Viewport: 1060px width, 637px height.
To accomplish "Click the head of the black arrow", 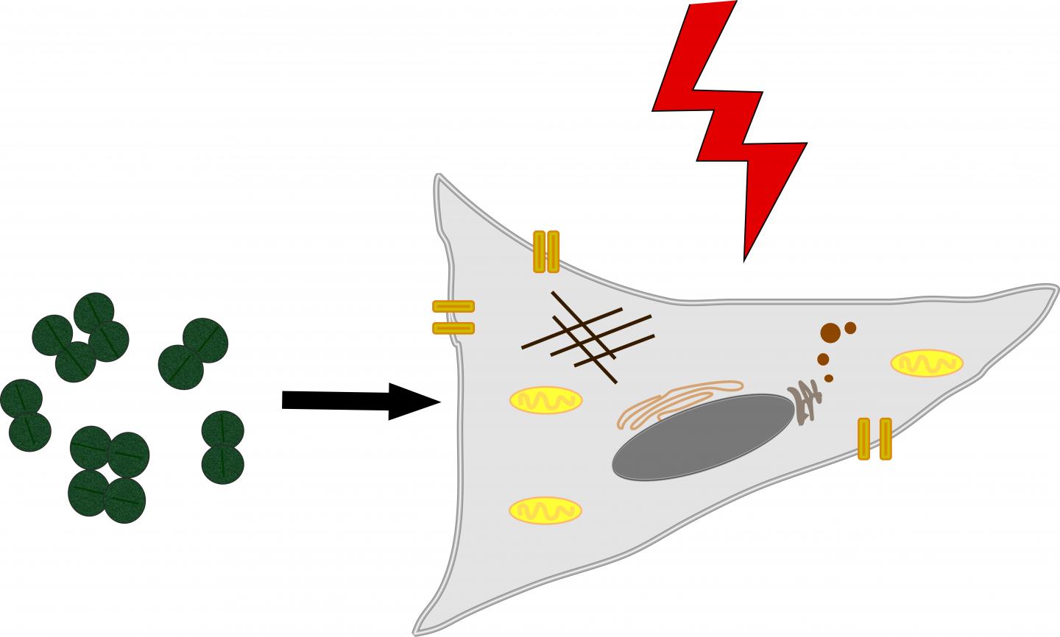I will click(x=412, y=401).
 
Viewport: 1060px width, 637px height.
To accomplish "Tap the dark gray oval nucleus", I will click(x=703, y=437).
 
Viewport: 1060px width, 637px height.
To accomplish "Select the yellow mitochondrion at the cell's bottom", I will click(x=545, y=510).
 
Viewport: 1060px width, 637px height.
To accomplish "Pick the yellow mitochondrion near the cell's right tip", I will click(x=926, y=363).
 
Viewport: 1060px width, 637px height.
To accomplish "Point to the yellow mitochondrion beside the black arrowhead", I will click(x=545, y=400).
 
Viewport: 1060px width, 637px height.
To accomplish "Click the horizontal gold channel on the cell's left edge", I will click(x=453, y=317).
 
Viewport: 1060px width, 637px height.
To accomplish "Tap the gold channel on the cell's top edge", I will click(x=546, y=252).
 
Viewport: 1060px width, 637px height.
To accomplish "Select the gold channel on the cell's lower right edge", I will click(x=875, y=438).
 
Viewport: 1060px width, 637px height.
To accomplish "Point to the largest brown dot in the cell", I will click(x=830, y=333).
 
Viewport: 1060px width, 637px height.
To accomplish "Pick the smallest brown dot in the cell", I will click(x=829, y=378).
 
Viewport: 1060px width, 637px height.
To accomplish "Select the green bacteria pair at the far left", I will click(x=25, y=415).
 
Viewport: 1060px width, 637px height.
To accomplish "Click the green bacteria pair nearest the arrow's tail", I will click(x=222, y=446).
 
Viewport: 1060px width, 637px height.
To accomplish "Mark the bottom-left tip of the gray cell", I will click(x=417, y=632).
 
